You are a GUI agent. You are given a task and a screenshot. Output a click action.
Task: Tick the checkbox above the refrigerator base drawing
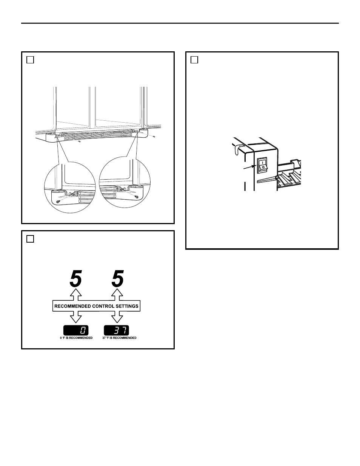[30, 60]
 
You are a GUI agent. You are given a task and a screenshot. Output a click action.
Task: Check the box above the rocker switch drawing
[194, 60]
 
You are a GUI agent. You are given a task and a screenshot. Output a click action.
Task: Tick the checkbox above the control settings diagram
[30, 239]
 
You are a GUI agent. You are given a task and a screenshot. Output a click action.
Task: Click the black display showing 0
[76, 330]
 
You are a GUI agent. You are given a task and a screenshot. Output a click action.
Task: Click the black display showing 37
[117, 330]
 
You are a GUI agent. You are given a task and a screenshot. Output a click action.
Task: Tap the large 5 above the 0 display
[76, 278]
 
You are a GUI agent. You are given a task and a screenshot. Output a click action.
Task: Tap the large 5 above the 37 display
[118, 278]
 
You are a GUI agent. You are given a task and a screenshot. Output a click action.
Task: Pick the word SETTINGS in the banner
[127, 306]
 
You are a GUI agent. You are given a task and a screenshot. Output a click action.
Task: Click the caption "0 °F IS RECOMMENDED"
[76, 338]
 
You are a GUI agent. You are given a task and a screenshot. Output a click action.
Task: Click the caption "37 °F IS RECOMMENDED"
[119, 338]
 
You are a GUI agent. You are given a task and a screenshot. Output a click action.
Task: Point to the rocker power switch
[262, 165]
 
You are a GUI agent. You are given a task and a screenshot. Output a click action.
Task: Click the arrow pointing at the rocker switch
[250, 167]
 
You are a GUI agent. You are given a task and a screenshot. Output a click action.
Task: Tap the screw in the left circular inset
[57, 201]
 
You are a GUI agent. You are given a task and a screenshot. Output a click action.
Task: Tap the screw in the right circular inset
[136, 197]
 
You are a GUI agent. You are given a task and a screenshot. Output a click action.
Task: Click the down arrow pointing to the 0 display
[76, 317]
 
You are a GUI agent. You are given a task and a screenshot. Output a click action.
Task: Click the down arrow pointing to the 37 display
[117, 317]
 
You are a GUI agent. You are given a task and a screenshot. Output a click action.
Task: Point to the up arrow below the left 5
[76, 295]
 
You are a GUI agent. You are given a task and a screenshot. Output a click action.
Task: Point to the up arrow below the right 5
[117, 295]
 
